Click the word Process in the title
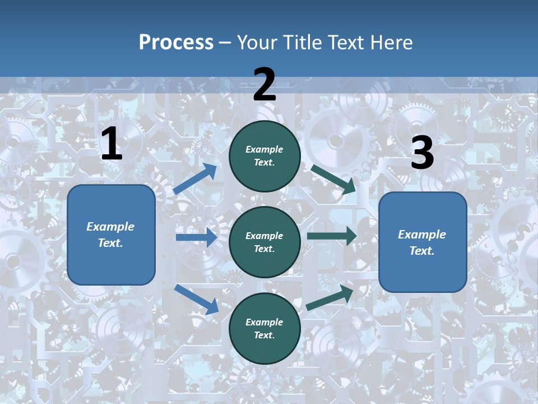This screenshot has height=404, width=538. (x=176, y=43)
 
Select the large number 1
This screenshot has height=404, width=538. (x=112, y=144)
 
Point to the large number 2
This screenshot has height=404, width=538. (x=265, y=85)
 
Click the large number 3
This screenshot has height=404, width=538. (x=422, y=153)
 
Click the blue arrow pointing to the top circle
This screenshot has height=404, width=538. (x=196, y=178)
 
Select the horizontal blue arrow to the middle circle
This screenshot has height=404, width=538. (x=196, y=237)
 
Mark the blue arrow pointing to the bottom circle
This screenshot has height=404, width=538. (x=197, y=299)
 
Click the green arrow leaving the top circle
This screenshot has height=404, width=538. (x=333, y=179)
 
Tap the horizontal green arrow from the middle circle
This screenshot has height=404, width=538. (x=331, y=236)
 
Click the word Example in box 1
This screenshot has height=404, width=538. (x=110, y=227)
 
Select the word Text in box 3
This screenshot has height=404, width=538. (x=421, y=251)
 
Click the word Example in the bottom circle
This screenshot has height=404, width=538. (x=265, y=322)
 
